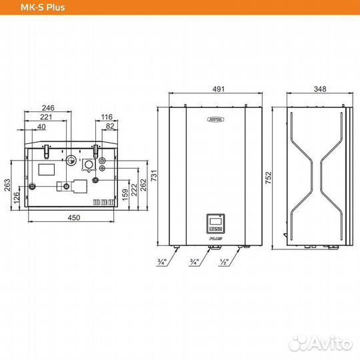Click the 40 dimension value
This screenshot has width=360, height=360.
(x=42, y=127)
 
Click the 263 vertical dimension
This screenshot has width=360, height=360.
(x=8, y=184)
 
